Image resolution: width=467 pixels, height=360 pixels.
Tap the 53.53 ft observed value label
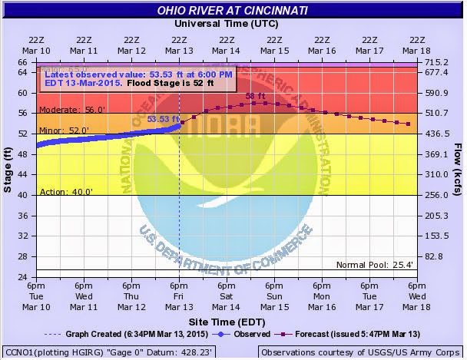[163, 119]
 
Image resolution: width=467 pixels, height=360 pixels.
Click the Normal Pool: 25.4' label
[376, 265]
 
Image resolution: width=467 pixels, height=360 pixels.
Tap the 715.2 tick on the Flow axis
[436, 61]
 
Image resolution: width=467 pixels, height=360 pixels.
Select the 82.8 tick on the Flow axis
[436, 256]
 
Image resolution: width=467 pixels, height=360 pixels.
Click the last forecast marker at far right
[409, 124]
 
